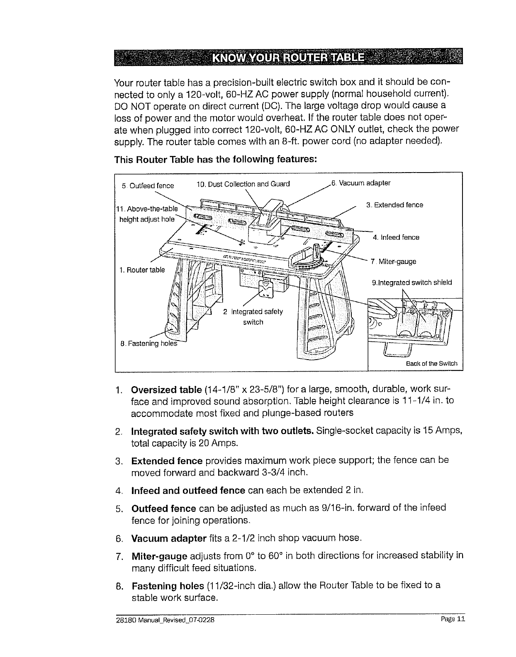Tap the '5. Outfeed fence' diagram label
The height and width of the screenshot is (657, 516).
[148, 185]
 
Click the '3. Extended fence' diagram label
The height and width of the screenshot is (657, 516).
[394, 205]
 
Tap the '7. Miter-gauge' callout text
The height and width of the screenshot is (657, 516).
[393, 262]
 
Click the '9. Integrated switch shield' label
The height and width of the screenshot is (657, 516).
[411, 282]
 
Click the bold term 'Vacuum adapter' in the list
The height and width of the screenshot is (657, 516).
[169, 538]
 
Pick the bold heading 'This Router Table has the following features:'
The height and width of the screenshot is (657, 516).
[215, 160]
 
